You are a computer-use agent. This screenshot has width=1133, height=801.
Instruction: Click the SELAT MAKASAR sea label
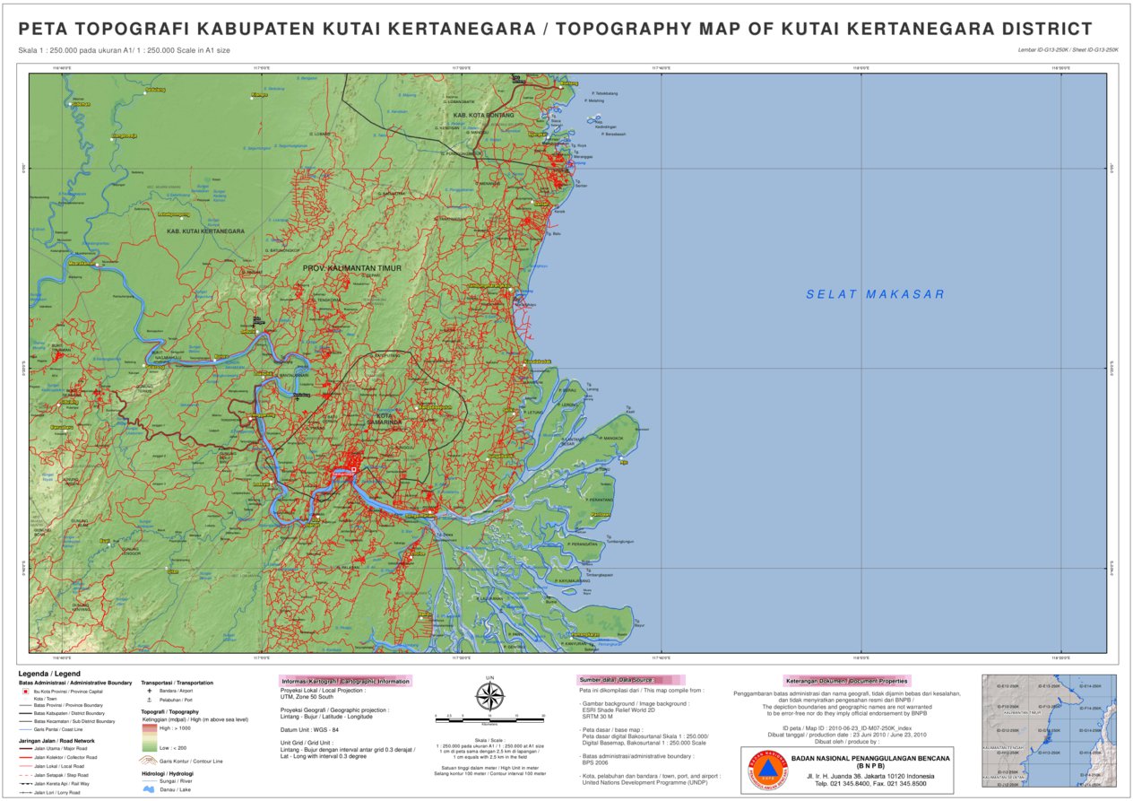click(874, 294)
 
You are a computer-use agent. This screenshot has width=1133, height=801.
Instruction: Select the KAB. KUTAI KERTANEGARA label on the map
click(205, 231)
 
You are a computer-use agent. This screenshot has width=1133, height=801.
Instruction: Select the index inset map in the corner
click(1049, 730)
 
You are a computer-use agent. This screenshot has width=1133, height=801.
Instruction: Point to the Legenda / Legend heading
click(49, 674)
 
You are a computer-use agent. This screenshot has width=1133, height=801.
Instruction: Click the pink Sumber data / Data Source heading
click(616, 680)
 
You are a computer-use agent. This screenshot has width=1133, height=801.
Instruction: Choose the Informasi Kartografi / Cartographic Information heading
click(345, 681)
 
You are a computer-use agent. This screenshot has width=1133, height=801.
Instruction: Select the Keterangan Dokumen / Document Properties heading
click(846, 680)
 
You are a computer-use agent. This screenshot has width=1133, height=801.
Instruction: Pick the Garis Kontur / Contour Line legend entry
click(188, 761)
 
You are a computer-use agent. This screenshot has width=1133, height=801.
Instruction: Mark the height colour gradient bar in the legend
click(149, 737)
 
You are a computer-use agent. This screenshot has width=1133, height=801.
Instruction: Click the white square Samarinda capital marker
click(353, 469)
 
